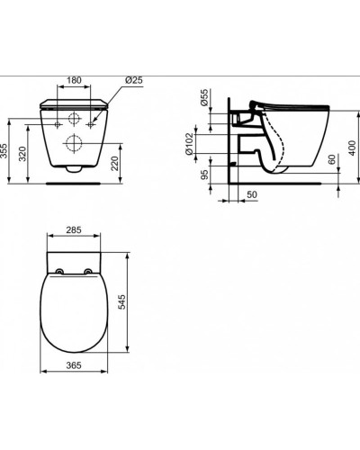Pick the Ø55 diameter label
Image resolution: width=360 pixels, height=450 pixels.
coord(205,100)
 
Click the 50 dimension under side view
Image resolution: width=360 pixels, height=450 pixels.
coord(253,193)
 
